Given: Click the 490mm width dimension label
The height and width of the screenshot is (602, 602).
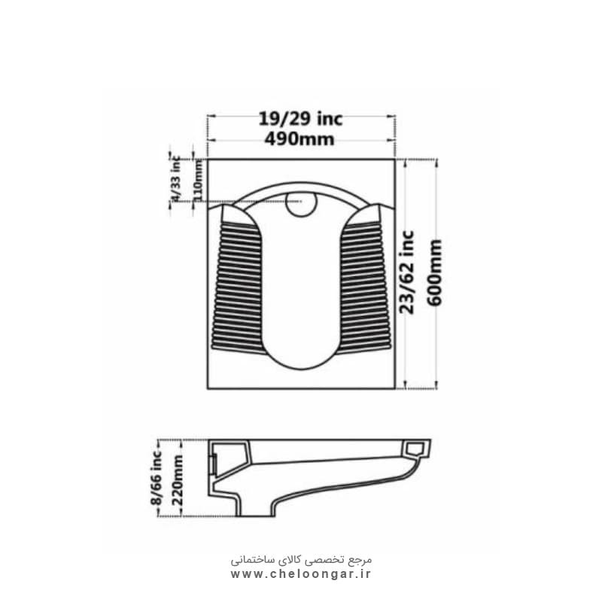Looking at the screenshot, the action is pos(299,139).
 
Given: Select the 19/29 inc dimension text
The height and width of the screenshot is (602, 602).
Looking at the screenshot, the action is pos(300,119).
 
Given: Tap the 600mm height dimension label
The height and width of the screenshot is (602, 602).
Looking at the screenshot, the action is pos(435,272).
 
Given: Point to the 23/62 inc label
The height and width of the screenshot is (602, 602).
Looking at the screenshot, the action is pos(407,272).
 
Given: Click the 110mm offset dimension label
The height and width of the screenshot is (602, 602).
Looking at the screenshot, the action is pos(198,180).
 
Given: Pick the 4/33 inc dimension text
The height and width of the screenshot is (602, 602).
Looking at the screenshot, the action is pos(175,178).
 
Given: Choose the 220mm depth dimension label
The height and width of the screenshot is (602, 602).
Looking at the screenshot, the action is pos(177,480).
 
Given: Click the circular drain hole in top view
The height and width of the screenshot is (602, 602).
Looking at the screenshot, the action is pos(302,203).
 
